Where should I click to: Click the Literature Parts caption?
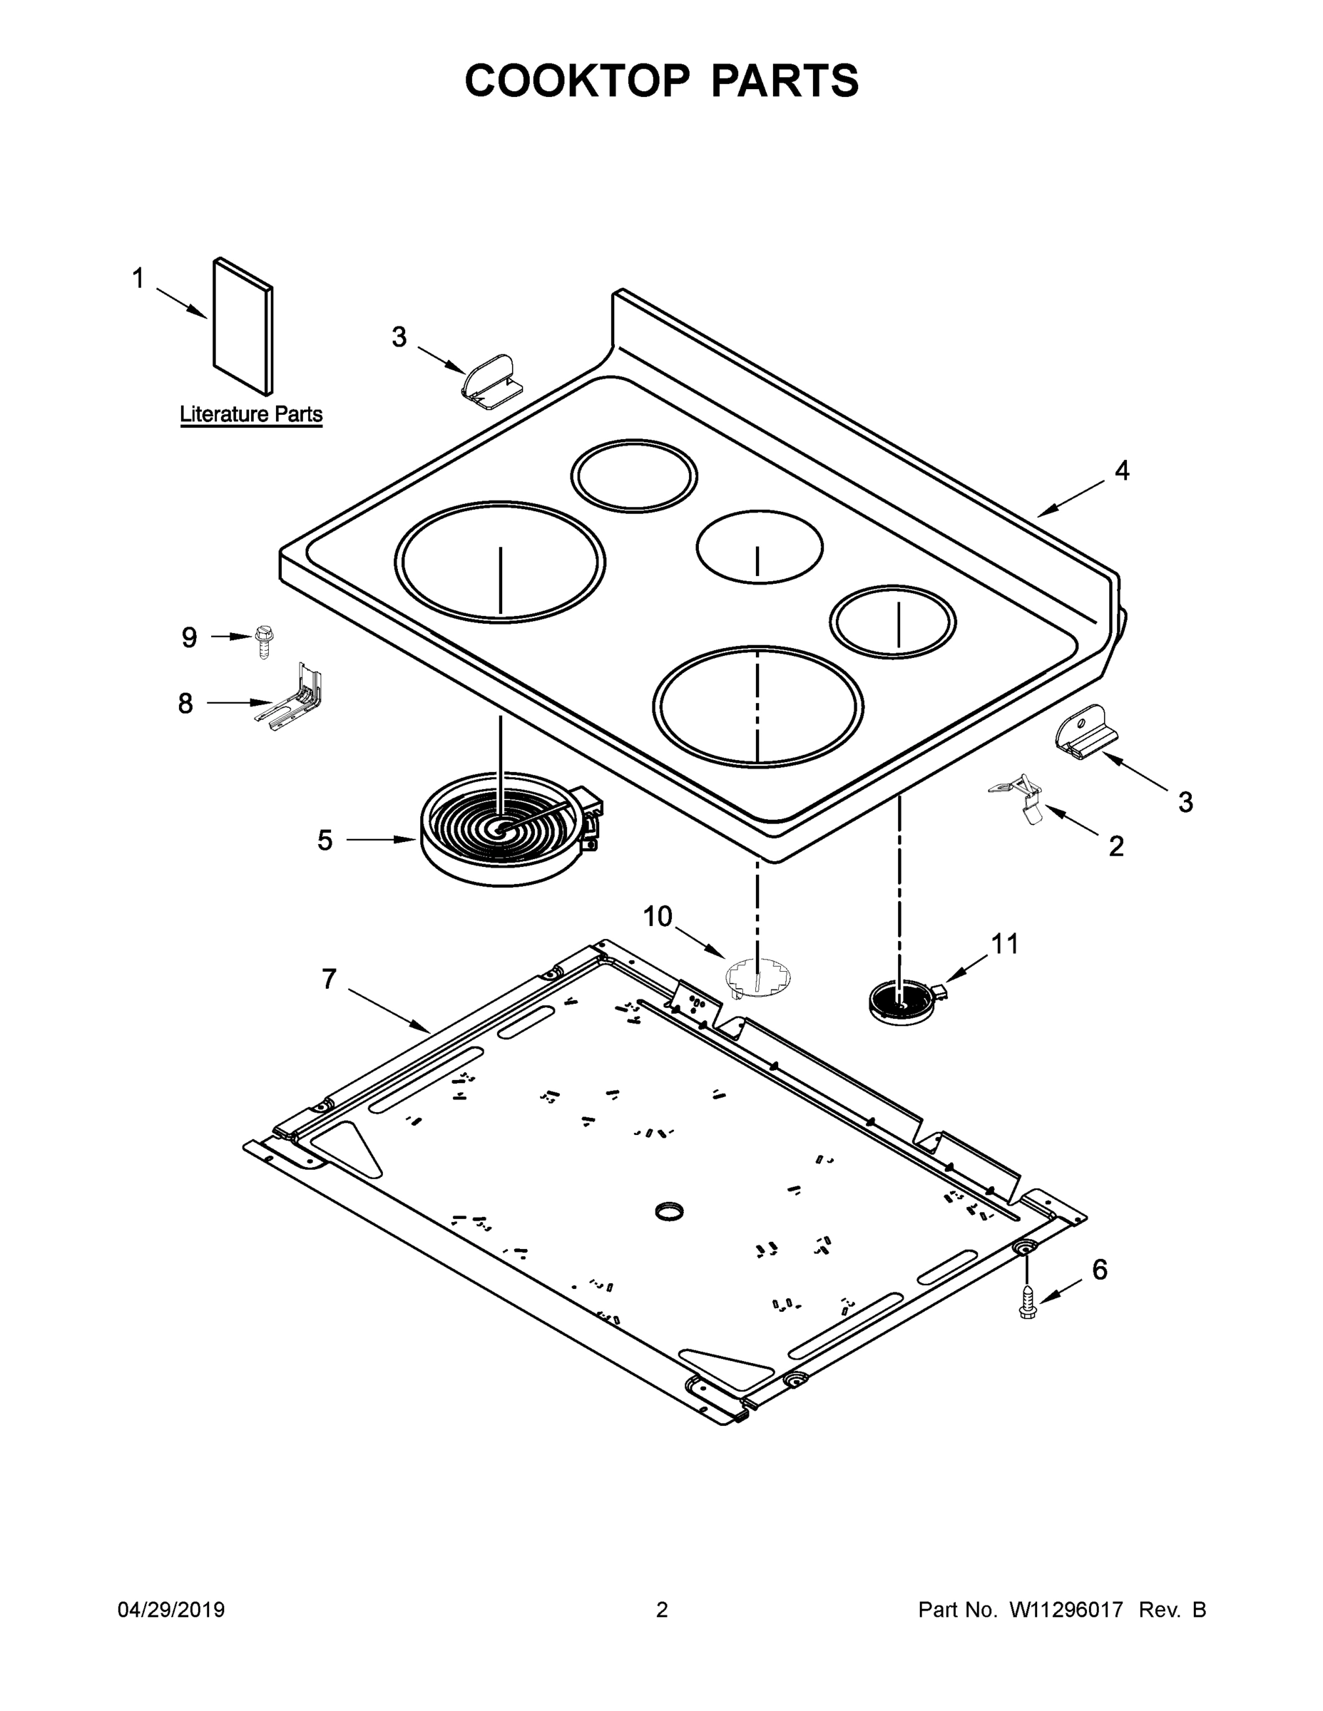251,413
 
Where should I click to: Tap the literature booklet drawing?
244,326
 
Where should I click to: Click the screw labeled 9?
263,641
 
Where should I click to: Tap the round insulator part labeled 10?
758,980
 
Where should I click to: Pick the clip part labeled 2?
1020,800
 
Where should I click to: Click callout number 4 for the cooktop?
1122,471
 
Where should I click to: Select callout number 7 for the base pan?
328,979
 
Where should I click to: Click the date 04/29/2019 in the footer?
171,1610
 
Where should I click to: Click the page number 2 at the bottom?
662,1610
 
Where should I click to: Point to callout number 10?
658,916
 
